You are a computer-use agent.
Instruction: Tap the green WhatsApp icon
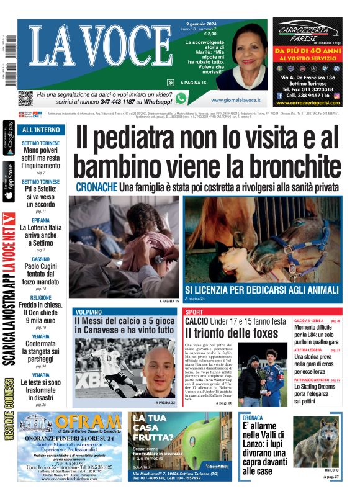click(181, 98)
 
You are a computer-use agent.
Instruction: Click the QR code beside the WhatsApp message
click(25, 98)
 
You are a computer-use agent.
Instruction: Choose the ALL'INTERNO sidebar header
click(41, 130)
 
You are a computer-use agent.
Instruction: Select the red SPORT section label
click(194, 312)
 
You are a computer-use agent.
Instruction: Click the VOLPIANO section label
click(88, 312)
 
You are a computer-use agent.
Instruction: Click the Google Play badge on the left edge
click(9, 140)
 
